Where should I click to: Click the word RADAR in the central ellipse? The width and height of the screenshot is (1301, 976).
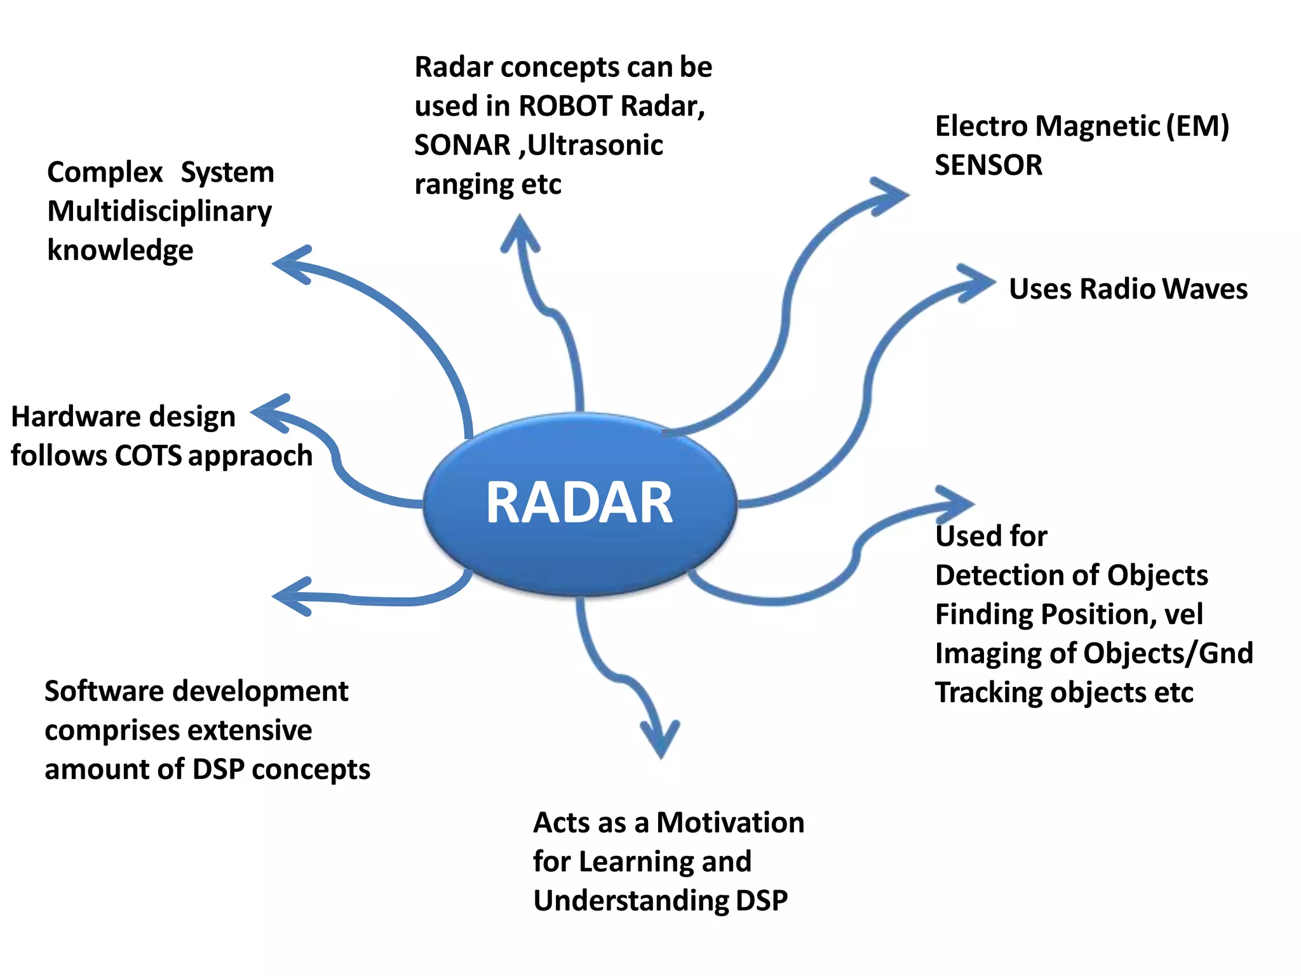point(579,503)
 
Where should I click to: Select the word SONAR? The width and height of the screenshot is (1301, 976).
point(462,146)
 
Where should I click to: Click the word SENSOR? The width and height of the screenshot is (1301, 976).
point(988,165)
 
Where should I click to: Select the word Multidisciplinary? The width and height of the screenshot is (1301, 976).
point(159,212)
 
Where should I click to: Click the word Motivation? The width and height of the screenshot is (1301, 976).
point(730,823)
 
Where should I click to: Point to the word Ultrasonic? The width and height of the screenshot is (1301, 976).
point(595,146)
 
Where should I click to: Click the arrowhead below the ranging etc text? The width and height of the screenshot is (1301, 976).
point(520,232)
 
